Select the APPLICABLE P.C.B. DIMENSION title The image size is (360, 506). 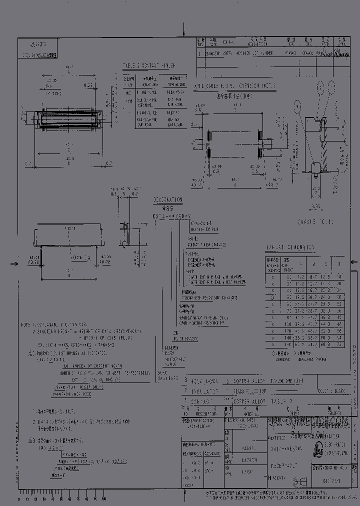(234, 86)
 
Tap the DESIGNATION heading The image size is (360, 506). (167, 199)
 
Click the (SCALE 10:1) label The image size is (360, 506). (315, 220)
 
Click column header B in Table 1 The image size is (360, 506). (313, 264)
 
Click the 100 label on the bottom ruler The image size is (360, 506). (103, 498)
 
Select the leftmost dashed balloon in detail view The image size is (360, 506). (298, 105)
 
